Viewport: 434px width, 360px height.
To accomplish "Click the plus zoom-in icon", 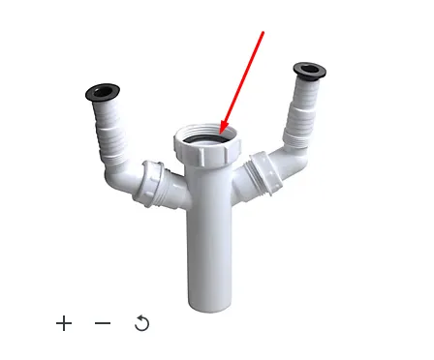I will [64, 323].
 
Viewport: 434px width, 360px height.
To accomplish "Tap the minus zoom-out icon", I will [103, 323].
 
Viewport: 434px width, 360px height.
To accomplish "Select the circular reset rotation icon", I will [141, 323].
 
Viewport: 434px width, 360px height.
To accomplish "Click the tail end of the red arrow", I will [263, 31].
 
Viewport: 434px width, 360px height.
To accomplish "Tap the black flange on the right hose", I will [310, 72].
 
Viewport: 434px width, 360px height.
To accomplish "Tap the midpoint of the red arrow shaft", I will [242, 83].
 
